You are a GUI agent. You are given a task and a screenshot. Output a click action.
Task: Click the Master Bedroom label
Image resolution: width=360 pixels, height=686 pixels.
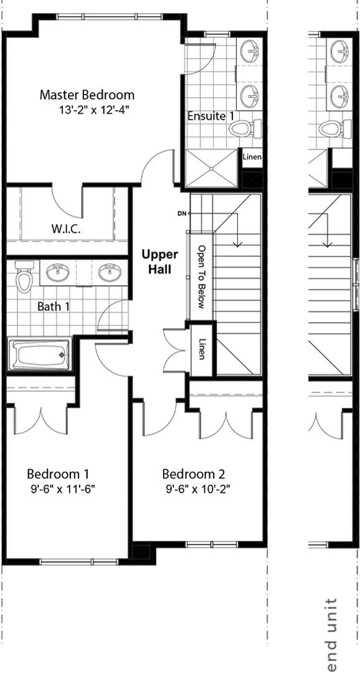pos(87,95)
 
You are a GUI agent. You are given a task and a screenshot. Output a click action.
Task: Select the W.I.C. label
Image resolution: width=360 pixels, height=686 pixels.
pos(65,229)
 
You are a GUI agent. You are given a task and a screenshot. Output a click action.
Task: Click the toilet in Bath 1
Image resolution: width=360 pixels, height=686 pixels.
pos(24,276)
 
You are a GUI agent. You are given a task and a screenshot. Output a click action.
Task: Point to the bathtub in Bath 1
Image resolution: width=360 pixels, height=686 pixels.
pos(39,354)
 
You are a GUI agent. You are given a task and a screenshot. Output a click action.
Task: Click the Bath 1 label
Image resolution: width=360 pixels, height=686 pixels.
pos(54,306)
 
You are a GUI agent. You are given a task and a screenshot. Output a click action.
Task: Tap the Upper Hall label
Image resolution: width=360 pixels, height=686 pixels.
pos(159,262)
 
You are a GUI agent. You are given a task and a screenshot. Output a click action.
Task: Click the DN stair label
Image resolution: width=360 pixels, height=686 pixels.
pos(182,214)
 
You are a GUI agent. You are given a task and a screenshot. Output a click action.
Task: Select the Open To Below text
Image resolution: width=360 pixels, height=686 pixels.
pos(201,276)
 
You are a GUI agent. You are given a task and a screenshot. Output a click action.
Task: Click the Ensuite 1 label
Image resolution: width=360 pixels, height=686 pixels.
pos(211,116)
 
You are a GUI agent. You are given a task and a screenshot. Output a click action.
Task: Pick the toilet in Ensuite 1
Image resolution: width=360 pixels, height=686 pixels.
pos(245,128)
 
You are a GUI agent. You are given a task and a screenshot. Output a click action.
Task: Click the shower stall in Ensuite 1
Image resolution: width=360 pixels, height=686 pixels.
pos(212,169)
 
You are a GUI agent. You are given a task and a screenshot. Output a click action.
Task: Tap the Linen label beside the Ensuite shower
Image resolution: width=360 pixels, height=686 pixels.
pos(252,157)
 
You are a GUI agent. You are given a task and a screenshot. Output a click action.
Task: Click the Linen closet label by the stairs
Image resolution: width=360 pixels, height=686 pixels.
pos(202,349)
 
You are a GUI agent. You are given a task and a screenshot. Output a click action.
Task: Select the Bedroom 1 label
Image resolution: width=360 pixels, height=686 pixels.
pos(59,473)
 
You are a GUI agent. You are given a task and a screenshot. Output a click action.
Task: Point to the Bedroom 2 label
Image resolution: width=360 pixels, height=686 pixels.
pos(194,473)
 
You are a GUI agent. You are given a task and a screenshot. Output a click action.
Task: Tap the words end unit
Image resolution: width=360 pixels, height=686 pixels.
pos(331,634)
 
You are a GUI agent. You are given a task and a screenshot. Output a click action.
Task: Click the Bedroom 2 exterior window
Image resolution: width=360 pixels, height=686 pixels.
pos(212,544)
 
